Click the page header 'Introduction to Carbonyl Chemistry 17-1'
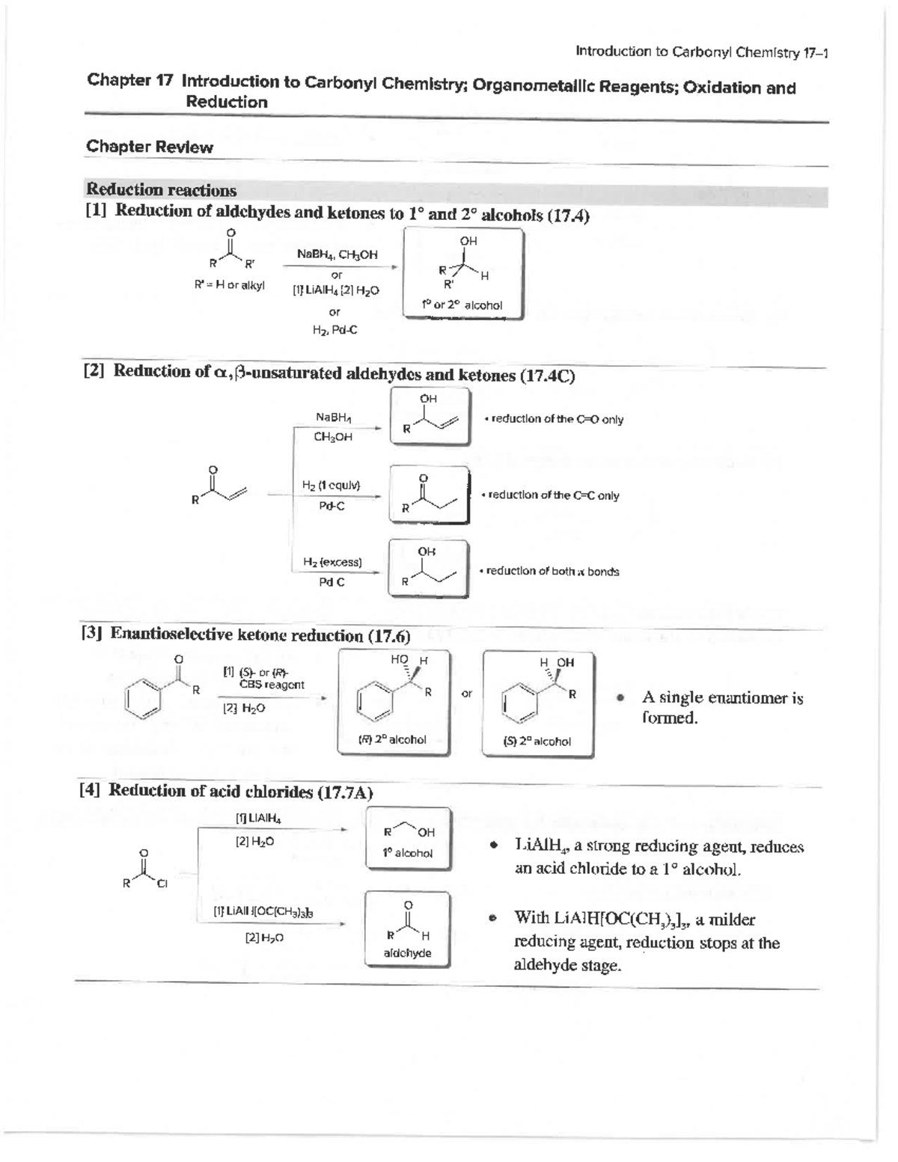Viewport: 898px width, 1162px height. click(x=701, y=52)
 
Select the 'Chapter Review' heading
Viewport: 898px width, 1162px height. click(x=150, y=147)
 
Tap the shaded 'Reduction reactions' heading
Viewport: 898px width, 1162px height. click(x=162, y=190)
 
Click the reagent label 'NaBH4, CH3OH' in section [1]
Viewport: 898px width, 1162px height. click(x=337, y=254)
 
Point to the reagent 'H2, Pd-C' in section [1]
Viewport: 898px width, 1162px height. click(x=335, y=330)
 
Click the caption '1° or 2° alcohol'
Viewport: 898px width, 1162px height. click(x=462, y=305)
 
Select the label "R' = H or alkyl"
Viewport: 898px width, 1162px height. click(x=229, y=285)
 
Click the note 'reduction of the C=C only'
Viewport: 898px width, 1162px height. click(x=553, y=495)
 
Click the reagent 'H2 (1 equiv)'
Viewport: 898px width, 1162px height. click(x=332, y=485)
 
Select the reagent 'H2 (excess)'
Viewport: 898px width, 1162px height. click(x=332, y=562)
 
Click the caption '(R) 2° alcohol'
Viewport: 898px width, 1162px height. click(x=392, y=739)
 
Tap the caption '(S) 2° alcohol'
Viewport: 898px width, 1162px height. click(x=537, y=741)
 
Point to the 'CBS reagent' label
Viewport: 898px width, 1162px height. click(x=272, y=684)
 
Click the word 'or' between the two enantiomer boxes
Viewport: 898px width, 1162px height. click(x=467, y=694)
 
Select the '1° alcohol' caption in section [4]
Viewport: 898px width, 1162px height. click(x=408, y=852)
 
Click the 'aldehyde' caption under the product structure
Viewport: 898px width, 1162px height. click(x=407, y=953)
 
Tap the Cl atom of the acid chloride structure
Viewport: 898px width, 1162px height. click(x=162, y=884)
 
